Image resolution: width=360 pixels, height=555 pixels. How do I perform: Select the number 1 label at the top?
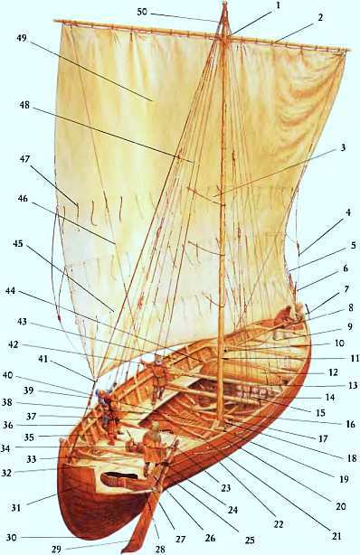279,5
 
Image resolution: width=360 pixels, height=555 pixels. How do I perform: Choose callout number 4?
347,213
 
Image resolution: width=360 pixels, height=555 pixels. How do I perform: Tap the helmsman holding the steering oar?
155,447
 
